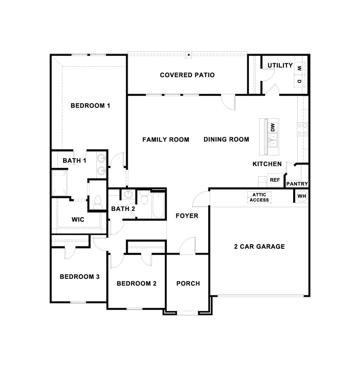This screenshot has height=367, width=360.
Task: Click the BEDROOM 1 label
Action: click(90, 105)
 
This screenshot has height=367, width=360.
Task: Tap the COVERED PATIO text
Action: click(187, 75)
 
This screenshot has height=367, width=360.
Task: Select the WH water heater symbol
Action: click(301, 196)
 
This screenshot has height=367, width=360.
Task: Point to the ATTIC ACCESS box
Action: click(259, 197)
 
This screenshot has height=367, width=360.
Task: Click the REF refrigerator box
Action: click(275, 180)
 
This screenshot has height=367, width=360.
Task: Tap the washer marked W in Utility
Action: click(299, 69)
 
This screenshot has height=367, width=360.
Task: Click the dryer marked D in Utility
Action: click(299, 81)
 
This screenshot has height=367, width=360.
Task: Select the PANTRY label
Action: click(297, 184)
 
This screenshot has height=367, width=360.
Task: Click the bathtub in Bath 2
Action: click(158, 205)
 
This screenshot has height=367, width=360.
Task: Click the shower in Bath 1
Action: click(60, 182)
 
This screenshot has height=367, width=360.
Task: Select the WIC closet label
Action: click(78, 220)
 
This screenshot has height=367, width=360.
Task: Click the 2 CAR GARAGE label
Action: click(259, 246)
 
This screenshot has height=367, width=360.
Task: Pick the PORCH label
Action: click(188, 283)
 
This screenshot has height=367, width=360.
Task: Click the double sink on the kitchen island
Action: click(273, 140)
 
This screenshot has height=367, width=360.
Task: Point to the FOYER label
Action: click(187, 216)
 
